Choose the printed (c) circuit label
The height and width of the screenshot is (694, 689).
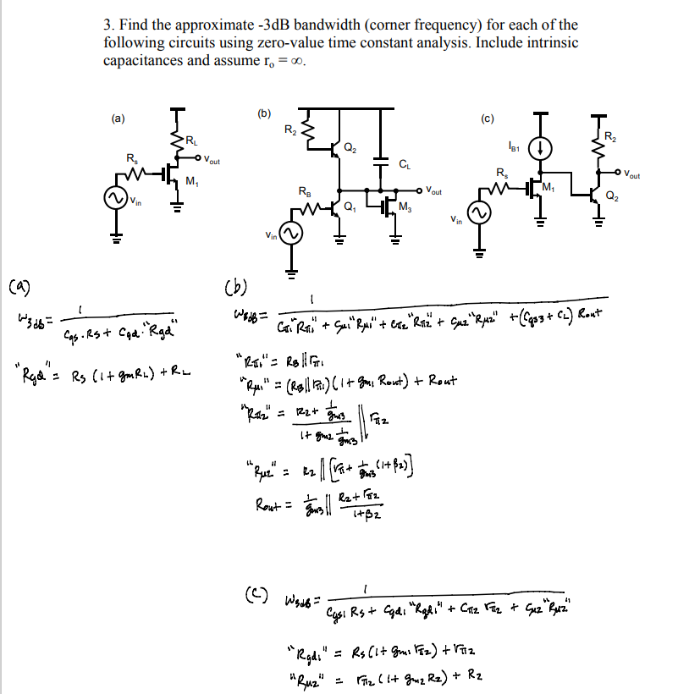point(488,118)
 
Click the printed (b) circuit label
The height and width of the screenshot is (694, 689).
point(264,113)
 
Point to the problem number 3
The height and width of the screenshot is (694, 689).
point(107,25)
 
